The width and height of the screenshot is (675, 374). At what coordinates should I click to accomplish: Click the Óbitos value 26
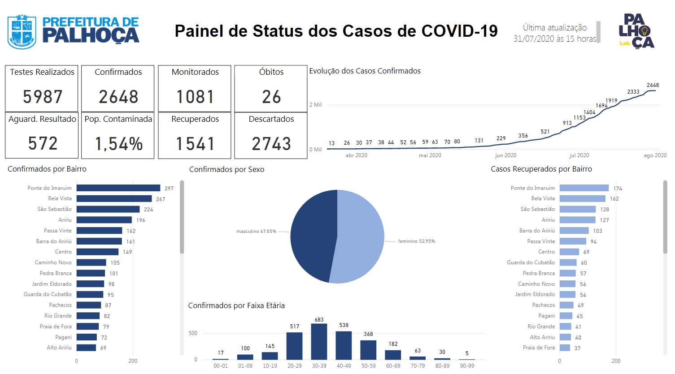tap(271, 97)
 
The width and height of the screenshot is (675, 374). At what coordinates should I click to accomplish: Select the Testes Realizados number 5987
tap(43, 97)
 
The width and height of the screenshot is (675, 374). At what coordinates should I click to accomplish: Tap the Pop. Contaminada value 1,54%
tap(118, 144)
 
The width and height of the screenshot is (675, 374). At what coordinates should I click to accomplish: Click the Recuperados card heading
tap(195, 119)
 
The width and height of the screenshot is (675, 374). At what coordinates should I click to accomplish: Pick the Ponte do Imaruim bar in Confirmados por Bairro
tap(118, 188)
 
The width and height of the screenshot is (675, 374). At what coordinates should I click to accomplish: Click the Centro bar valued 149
tap(97, 252)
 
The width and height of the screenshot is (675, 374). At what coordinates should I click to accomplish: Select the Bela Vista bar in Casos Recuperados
tap(583, 198)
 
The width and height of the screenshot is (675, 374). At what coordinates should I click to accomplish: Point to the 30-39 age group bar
tap(319, 341)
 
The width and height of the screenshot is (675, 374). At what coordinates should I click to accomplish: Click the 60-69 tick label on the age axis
tap(393, 366)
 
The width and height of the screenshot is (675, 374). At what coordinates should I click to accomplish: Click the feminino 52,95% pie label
tap(417, 241)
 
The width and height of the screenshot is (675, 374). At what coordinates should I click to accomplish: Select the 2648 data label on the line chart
tap(653, 85)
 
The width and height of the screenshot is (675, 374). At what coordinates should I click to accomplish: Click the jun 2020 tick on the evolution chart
tap(505, 155)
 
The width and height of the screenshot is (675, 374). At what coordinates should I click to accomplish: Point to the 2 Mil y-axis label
tap(315, 105)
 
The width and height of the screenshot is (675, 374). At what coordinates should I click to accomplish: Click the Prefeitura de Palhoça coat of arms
tap(22, 32)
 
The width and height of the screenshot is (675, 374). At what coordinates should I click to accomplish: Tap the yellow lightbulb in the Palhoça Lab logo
tap(645, 31)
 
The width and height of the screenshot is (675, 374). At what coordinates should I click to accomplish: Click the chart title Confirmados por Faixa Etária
tap(236, 306)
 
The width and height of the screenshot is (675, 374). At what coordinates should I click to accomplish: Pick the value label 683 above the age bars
tap(319, 319)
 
